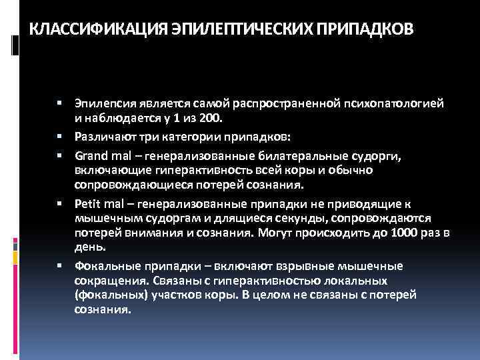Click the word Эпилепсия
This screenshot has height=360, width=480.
point(101,104)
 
